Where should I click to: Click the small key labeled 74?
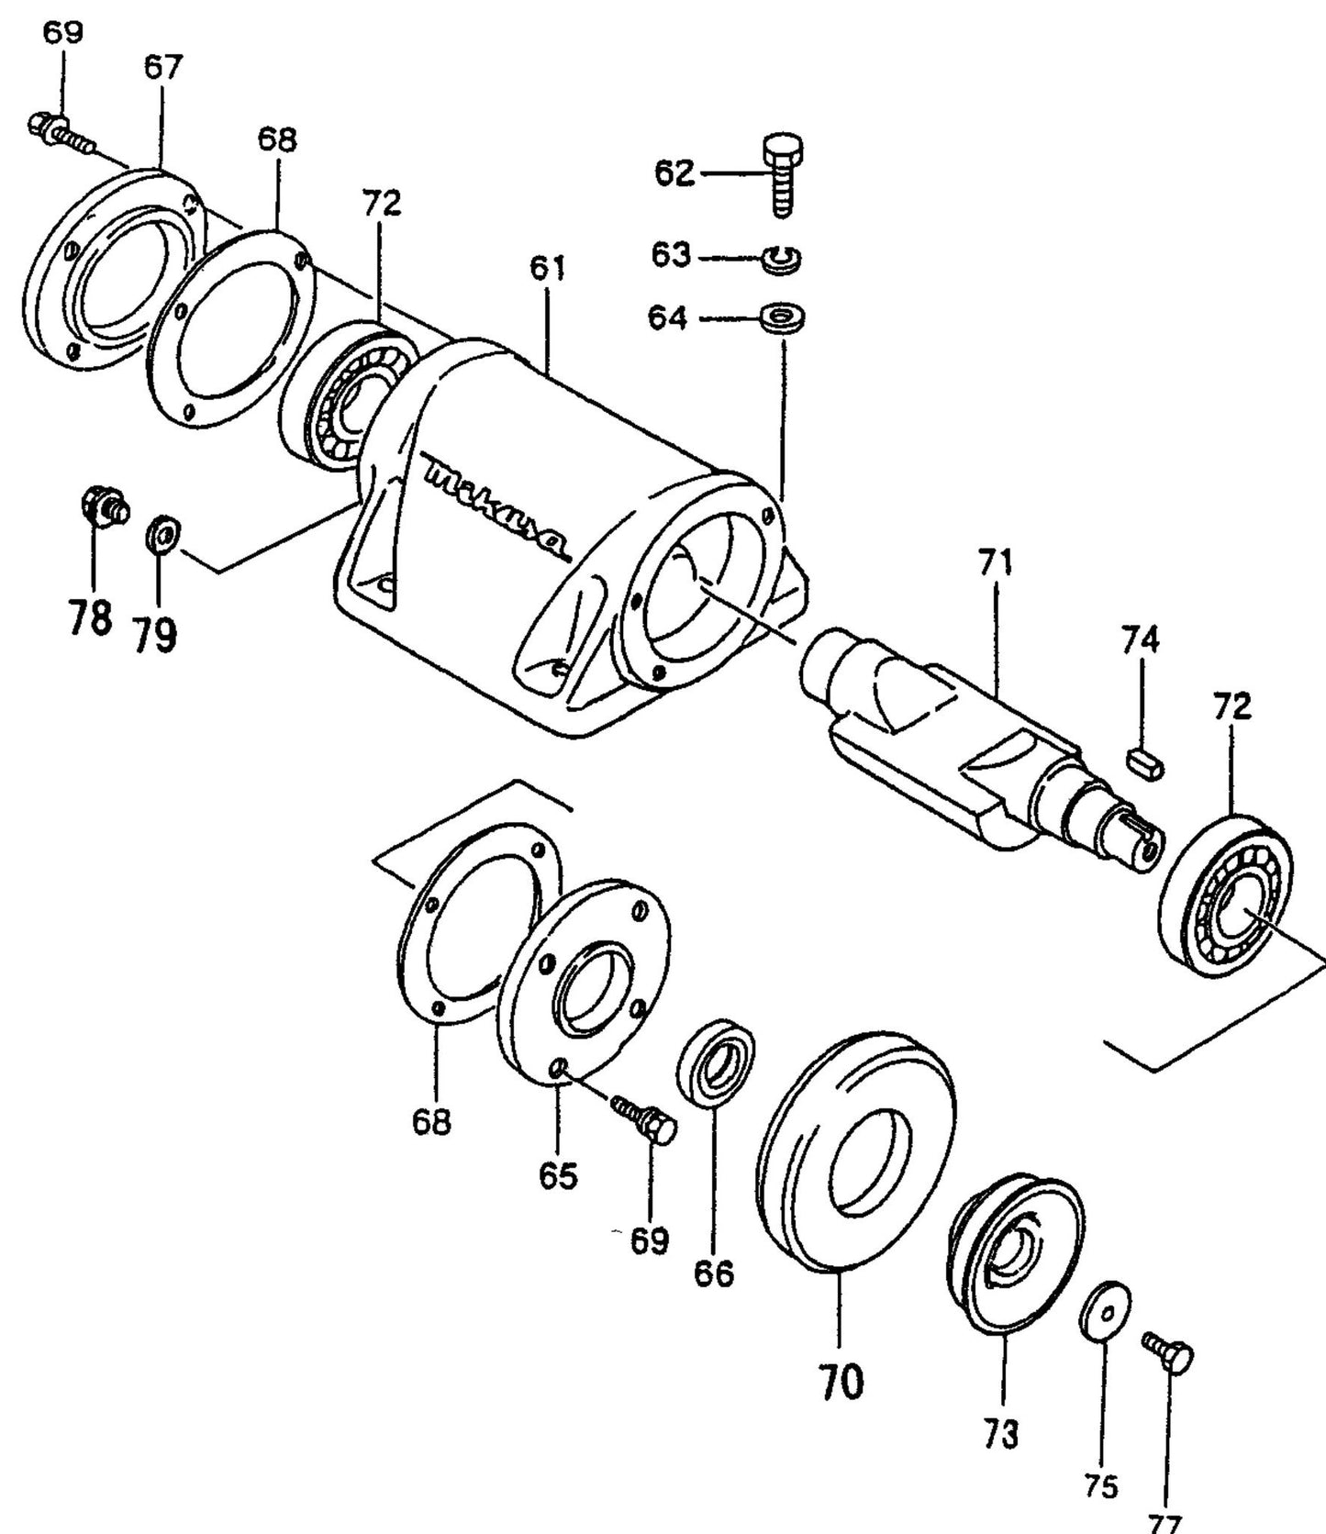pos(1144,761)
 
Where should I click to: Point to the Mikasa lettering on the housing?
pos(496,510)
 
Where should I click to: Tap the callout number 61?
pos(547,269)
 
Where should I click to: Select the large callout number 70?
pos(840,1382)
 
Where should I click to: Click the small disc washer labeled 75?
pos(1105,1315)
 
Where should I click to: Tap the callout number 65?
pos(558,1174)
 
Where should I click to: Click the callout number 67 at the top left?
pos(163,67)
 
